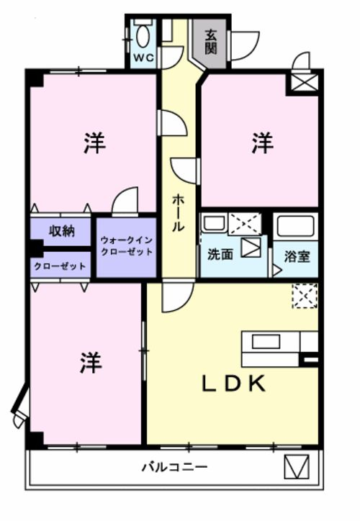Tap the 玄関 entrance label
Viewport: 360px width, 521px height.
pyautogui.click(x=211, y=42)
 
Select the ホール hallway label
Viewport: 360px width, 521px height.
pyautogui.click(x=177, y=212)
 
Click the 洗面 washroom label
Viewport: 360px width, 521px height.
pyautogui.click(x=220, y=254)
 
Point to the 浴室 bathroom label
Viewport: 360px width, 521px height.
pyautogui.click(x=297, y=255)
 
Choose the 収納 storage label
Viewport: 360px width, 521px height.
pyautogui.click(x=62, y=231)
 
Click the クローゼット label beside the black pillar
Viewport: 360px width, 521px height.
pyautogui.click(x=60, y=266)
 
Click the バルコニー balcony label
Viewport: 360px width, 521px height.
pyautogui.click(x=174, y=467)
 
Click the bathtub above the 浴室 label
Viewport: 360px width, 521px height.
pyautogui.click(x=295, y=229)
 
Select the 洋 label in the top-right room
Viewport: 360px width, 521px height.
pyautogui.click(x=262, y=144)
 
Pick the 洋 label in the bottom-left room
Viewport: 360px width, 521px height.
pyautogui.click(x=90, y=362)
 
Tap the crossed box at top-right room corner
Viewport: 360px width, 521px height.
pyautogui.click(x=300, y=81)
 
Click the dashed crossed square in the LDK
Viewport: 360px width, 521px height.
pyautogui.click(x=304, y=295)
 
